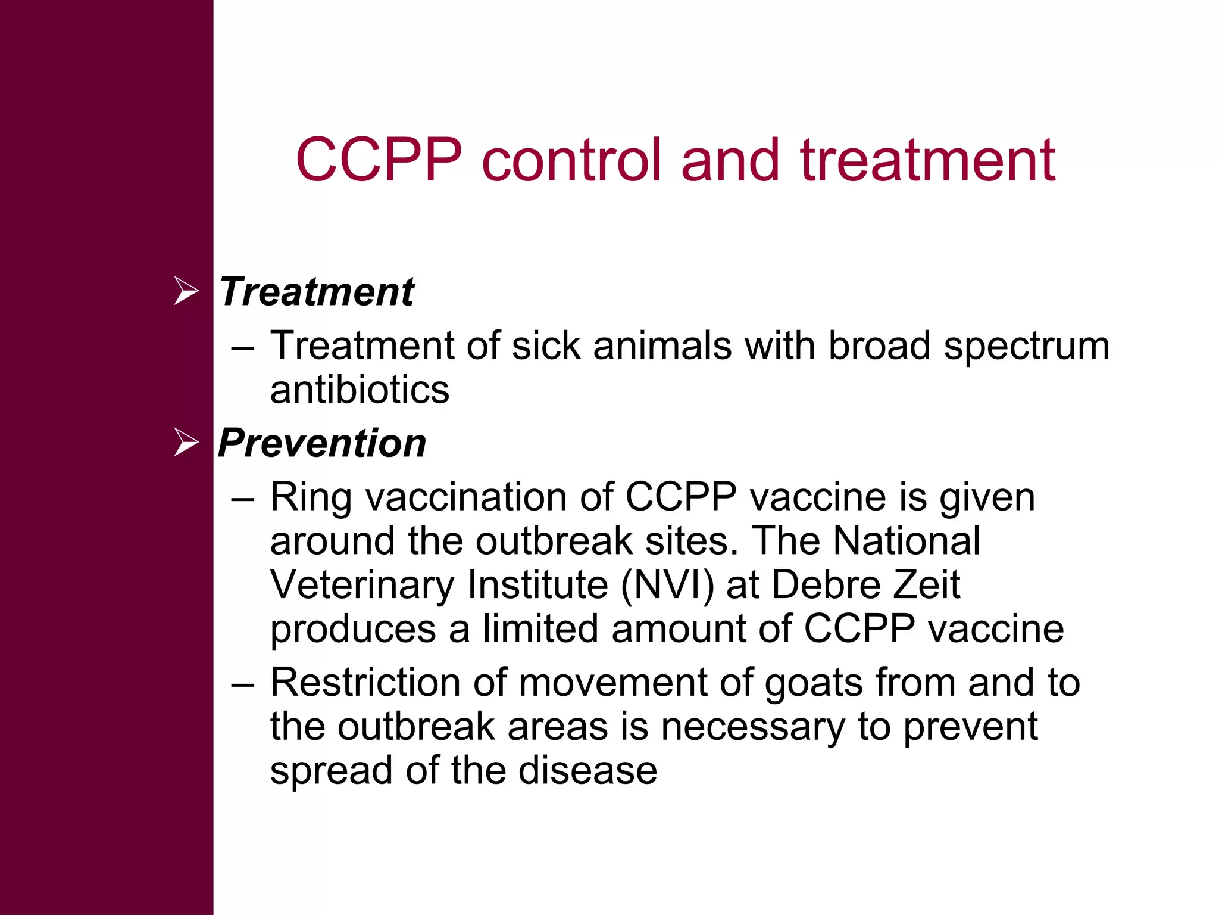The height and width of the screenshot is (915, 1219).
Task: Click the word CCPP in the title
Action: click(379, 160)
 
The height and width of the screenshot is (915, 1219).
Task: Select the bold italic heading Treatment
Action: click(316, 292)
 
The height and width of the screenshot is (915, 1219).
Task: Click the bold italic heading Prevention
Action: click(322, 443)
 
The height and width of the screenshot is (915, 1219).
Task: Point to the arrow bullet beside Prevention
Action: click(186, 443)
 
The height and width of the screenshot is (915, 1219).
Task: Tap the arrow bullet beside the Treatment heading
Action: click(186, 291)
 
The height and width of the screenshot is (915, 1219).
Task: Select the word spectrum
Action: click(1026, 346)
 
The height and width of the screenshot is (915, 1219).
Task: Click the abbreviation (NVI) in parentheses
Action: click(667, 584)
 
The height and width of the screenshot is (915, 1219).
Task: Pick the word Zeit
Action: click(927, 584)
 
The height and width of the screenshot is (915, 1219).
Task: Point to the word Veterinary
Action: click(362, 586)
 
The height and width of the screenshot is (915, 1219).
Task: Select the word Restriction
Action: click(365, 682)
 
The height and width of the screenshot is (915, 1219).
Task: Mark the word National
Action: click(906, 540)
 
